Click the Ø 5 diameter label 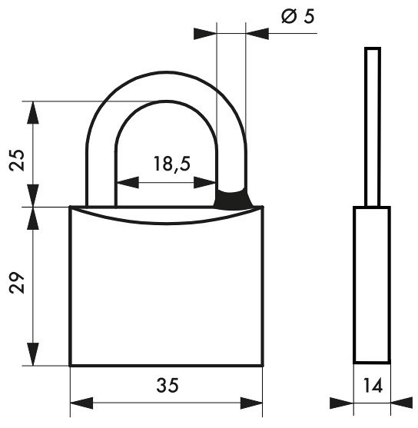pos(298,16)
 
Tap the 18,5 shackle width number pos(171,164)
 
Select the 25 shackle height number pos(17,160)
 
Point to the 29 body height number pos(17,283)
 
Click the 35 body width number pos(168,385)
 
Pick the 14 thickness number pos(373,386)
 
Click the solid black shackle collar pos(233,198)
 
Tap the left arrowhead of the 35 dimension pos(81,403)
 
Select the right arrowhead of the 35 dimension pos(251,403)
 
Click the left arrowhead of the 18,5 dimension pos(128,182)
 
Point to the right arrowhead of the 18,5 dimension pos(204,182)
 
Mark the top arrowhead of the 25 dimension pos(33,112)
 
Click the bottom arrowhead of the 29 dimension pos(33,354)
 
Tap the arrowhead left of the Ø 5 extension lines pos(205,34)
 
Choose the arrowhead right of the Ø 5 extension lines pos(257,34)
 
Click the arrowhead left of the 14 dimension pos(342,403)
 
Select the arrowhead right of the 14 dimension pos(402,403)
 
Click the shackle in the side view pos(373,127)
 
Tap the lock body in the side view pos(372,285)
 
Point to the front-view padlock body pos(167,286)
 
